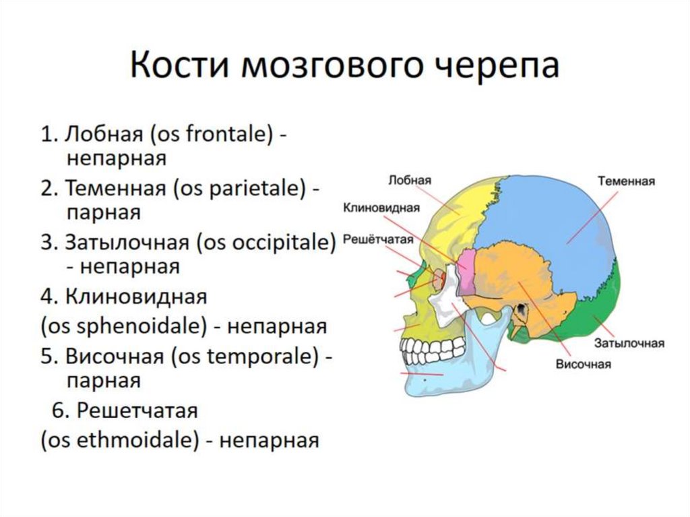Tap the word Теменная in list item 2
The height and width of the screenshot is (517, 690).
pos(115,188)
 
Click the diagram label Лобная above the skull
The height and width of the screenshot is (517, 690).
pos(410,181)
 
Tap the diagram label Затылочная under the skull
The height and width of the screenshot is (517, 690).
pos(629,344)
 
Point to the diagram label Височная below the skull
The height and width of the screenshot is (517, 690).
pos(584,365)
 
